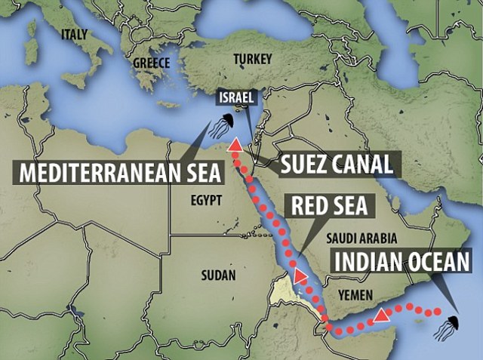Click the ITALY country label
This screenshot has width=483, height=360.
tap(75, 33)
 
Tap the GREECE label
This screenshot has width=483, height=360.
tap(152, 63)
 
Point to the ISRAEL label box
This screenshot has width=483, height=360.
tap(236, 97)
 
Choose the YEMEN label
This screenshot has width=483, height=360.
tap(356, 290)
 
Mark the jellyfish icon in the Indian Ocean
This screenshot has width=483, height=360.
tap(445, 327)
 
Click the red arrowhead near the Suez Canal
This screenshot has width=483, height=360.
tap(236, 146)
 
